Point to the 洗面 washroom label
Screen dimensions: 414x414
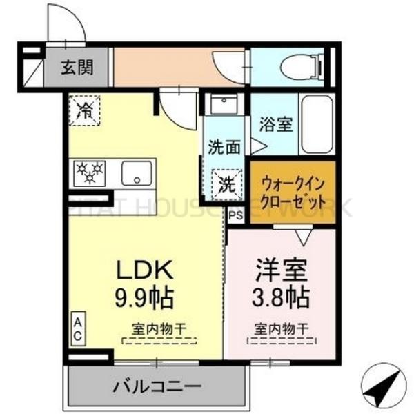[x=224, y=147]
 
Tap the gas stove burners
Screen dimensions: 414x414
[x=90, y=172]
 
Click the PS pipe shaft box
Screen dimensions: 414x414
[x=236, y=215]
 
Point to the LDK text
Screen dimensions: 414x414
[x=148, y=271]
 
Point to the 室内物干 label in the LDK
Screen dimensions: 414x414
[x=159, y=330]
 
